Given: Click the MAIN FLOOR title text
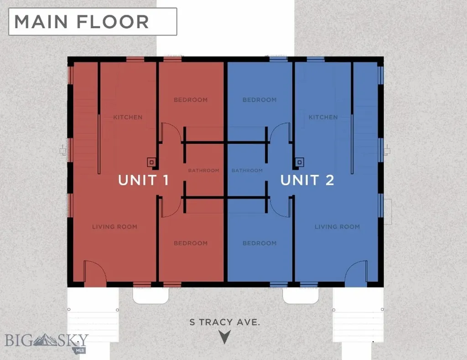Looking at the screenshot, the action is coord(82,22).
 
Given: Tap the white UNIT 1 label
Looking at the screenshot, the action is coord(144,180).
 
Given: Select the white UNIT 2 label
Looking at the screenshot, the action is coord(307,180).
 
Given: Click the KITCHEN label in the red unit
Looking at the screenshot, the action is coord(128,117).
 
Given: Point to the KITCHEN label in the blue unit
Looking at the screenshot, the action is coord(323,117).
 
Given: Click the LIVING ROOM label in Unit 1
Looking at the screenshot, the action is coord(114,227).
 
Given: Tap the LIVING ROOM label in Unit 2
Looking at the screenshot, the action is coord(337,227).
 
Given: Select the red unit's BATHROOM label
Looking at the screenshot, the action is coord(204,170).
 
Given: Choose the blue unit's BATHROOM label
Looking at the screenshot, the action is coord(247,170).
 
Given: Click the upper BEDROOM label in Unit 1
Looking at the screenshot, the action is coord(191,100).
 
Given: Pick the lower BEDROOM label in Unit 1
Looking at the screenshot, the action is coord(191,243).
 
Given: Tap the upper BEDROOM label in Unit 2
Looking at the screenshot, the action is coord(259,100).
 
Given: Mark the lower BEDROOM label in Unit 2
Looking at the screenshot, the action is coord(259,243).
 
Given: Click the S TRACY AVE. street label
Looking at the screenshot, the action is coord(225,322).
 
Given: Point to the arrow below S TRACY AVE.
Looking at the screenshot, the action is coord(225,337).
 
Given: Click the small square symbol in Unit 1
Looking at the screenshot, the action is coord(151,162).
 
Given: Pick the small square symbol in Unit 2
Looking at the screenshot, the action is coord(300,162).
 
